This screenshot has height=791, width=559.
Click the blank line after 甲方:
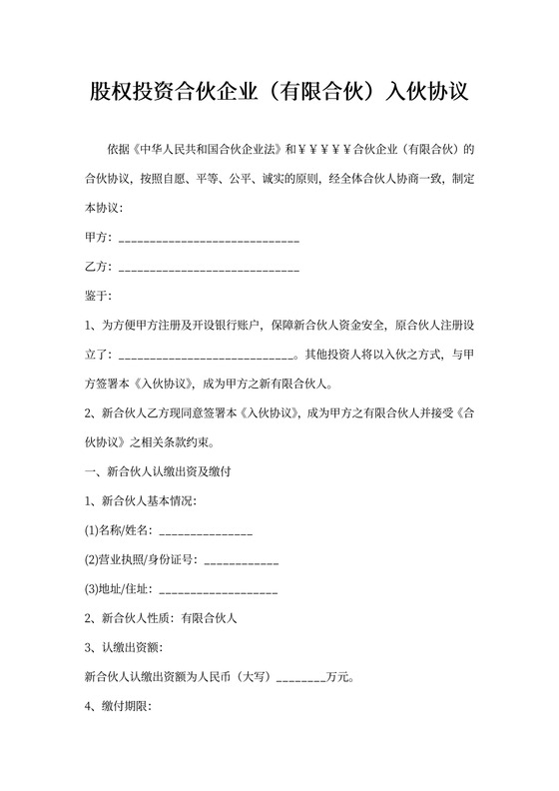coord(209,239)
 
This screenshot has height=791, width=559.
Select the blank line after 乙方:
coord(209,268)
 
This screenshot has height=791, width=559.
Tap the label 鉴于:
coord(101,296)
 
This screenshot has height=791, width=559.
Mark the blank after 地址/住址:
coord(218,590)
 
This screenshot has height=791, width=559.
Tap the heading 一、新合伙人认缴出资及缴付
coord(160,471)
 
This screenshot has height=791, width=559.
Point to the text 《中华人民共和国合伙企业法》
coord(207,150)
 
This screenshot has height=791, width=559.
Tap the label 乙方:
coord(101,267)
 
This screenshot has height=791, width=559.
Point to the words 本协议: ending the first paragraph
coord(104,209)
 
